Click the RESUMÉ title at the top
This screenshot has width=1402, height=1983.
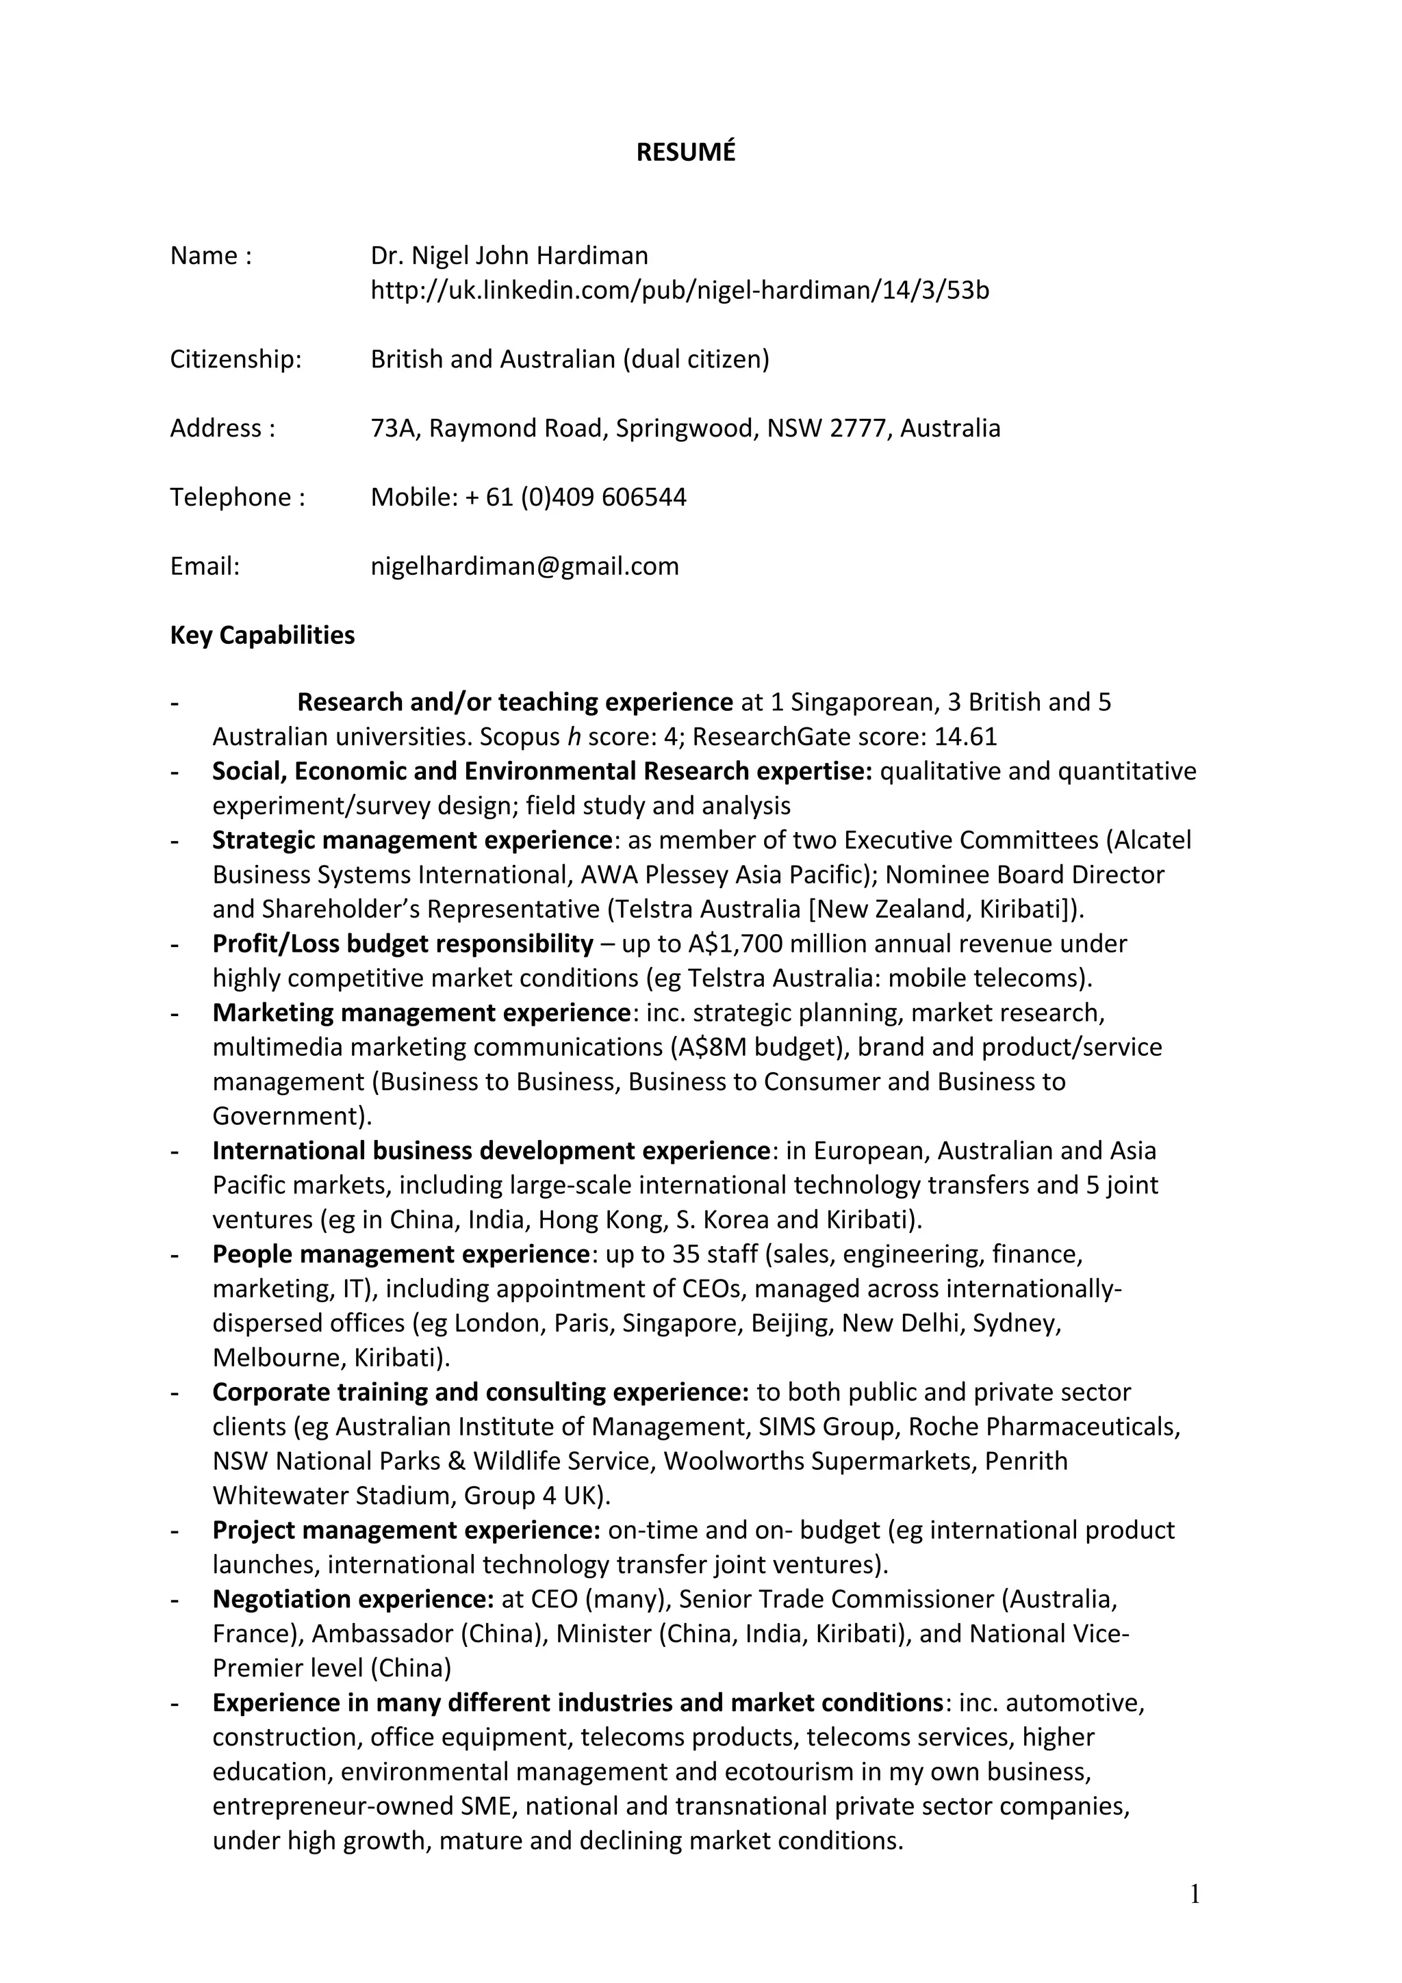point(685,152)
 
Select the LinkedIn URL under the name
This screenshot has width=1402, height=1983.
point(679,290)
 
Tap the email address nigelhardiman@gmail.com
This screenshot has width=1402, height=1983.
point(524,567)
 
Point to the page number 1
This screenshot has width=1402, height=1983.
point(1195,1895)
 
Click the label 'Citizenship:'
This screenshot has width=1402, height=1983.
point(235,359)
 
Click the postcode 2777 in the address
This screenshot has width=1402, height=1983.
point(858,428)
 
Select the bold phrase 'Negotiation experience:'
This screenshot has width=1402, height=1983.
point(353,1600)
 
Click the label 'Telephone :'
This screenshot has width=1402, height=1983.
point(238,497)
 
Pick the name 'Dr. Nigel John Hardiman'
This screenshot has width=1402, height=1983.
point(509,256)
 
